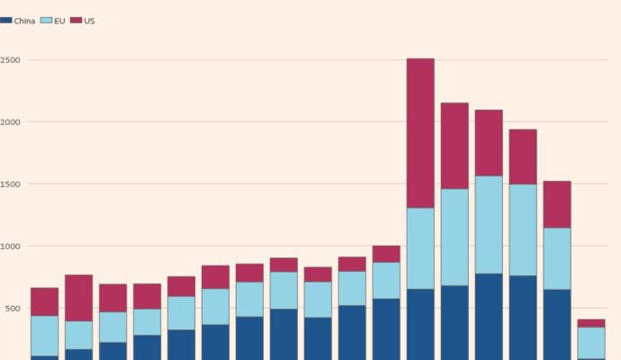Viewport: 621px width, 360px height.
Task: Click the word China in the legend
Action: click(x=24, y=21)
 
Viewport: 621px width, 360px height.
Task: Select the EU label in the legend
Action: click(x=59, y=21)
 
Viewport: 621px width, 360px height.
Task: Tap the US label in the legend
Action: click(x=89, y=21)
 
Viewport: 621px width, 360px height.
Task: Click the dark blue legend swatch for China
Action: click(x=5, y=21)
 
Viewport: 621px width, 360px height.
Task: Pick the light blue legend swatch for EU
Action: click(x=46, y=21)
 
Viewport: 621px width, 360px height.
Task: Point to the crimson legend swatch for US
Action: click(x=76, y=21)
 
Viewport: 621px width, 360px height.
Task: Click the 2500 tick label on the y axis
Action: click(x=11, y=60)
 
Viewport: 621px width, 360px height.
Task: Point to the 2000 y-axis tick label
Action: click(x=11, y=121)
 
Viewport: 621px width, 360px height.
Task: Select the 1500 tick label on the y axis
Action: click(x=11, y=184)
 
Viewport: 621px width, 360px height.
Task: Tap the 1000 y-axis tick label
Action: click(x=11, y=246)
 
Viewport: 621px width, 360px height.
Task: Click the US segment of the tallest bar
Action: click(x=420, y=133)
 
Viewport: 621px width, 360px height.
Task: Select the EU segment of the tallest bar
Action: click(x=420, y=248)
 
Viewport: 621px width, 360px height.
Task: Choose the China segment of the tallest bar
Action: click(x=420, y=324)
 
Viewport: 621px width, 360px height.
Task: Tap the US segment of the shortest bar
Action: click(x=591, y=323)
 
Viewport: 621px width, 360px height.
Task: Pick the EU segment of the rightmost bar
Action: click(x=591, y=342)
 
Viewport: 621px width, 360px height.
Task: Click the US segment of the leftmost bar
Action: click(x=44, y=301)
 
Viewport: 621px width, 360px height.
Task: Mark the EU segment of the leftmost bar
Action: click(x=44, y=336)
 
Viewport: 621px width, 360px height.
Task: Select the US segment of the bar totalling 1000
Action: click(x=386, y=254)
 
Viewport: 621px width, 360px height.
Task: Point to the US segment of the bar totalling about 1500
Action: click(x=557, y=204)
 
